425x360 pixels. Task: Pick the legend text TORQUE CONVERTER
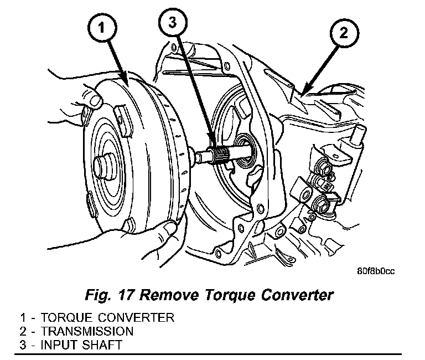click(x=105, y=318)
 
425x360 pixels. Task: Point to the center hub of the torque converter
click(x=106, y=164)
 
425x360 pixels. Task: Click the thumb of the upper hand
click(x=94, y=98)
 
